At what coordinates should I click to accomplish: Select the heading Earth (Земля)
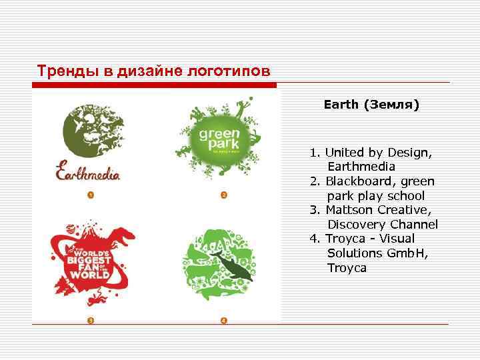pyautogui.click(x=371, y=105)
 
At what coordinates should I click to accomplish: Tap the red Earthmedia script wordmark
pyautogui.click(x=88, y=171)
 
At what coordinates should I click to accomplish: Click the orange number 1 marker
pyautogui.click(x=90, y=195)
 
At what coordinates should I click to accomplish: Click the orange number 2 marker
pyautogui.click(x=224, y=195)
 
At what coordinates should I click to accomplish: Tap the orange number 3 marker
pyautogui.click(x=90, y=321)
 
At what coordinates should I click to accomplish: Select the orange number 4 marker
pyautogui.click(x=224, y=321)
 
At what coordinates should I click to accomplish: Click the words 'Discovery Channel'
pyautogui.click(x=383, y=225)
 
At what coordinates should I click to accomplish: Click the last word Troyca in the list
pyautogui.click(x=347, y=268)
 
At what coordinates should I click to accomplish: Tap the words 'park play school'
pyautogui.click(x=376, y=196)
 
